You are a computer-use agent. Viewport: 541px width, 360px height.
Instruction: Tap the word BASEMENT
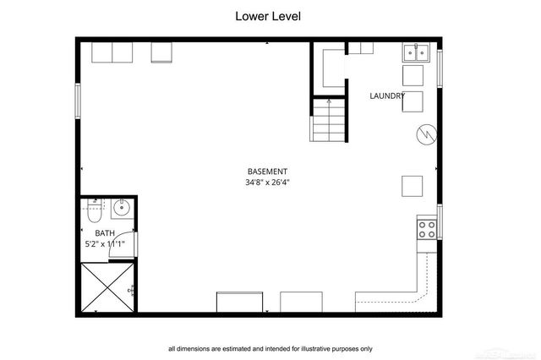click(x=267, y=172)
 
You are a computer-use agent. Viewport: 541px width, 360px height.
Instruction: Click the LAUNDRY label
click(x=387, y=95)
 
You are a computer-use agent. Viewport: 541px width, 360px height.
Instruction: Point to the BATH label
click(x=105, y=233)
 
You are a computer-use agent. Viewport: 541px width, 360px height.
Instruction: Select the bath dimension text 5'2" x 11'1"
click(x=105, y=244)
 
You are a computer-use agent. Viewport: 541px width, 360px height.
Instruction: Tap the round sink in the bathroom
click(x=122, y=207)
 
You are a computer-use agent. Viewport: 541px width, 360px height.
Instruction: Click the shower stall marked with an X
click(x=107, y=287)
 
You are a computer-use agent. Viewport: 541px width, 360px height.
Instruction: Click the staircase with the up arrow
click(x=329, y=120)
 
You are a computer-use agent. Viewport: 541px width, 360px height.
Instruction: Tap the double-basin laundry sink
click(x=417, y=52)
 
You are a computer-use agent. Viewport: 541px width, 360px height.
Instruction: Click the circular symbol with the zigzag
click(x=426, y=135)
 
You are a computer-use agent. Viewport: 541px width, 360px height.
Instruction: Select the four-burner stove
click(x=427, y=227)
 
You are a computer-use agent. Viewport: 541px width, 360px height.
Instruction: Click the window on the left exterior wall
click(x=78, y=101)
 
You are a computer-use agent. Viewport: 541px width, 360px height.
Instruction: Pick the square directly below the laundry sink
click(x=413, y=76)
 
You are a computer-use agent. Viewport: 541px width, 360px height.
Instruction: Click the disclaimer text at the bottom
click(x=270, y=348)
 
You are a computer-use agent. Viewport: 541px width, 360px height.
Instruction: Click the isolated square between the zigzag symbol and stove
click(x=412, y=185)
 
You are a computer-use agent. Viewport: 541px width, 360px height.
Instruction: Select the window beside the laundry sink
click(x=440, y=68)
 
